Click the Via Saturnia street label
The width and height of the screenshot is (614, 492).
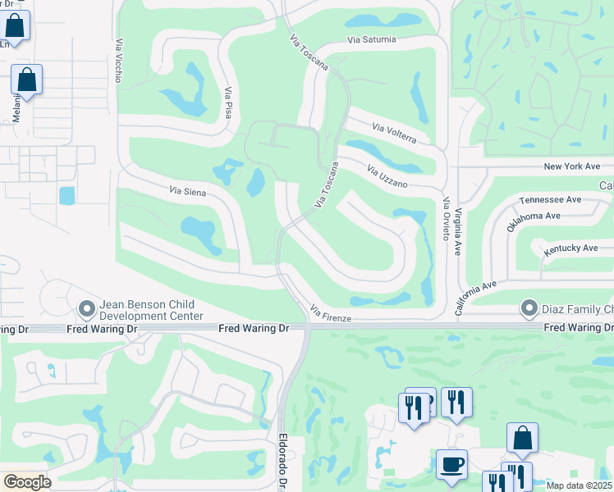[x=372, y=39]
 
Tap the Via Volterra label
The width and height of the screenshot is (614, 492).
[x=400, y=133]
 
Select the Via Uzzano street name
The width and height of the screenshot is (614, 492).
[x=387, y=177]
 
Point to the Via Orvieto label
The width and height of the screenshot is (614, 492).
[x=446, y=218]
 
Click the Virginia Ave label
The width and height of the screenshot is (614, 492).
[x=458, y=230]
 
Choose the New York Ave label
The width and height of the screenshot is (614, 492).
[x=572, y=166]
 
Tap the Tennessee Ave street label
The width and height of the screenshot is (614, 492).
[x=550, y=199]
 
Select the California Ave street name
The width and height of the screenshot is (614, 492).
[x=476, y=298]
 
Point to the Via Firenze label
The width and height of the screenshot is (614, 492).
[x=331, y=313]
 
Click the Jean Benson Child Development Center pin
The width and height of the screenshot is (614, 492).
[x=87, y=308]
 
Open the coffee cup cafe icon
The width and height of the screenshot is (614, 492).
[x=451, y=464]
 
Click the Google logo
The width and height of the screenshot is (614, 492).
[x=26, y=482]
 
